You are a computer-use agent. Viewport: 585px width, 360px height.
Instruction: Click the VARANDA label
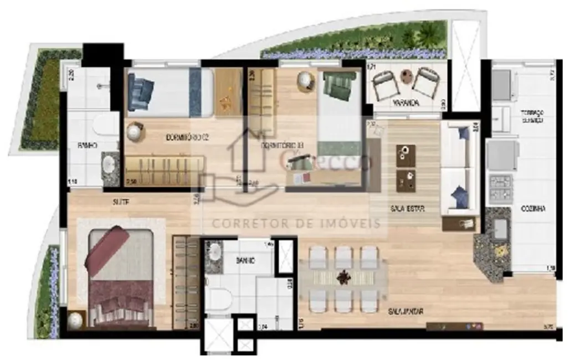406,103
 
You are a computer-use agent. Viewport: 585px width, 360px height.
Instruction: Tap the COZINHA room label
533,209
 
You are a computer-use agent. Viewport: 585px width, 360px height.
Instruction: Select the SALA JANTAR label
406,312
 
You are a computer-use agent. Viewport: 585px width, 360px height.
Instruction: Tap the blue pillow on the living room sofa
459,196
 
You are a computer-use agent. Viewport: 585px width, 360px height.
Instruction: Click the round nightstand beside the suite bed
75,320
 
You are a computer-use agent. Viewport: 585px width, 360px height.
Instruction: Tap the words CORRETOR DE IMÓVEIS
297,223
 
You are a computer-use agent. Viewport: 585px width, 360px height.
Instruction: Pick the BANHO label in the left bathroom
88,146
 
